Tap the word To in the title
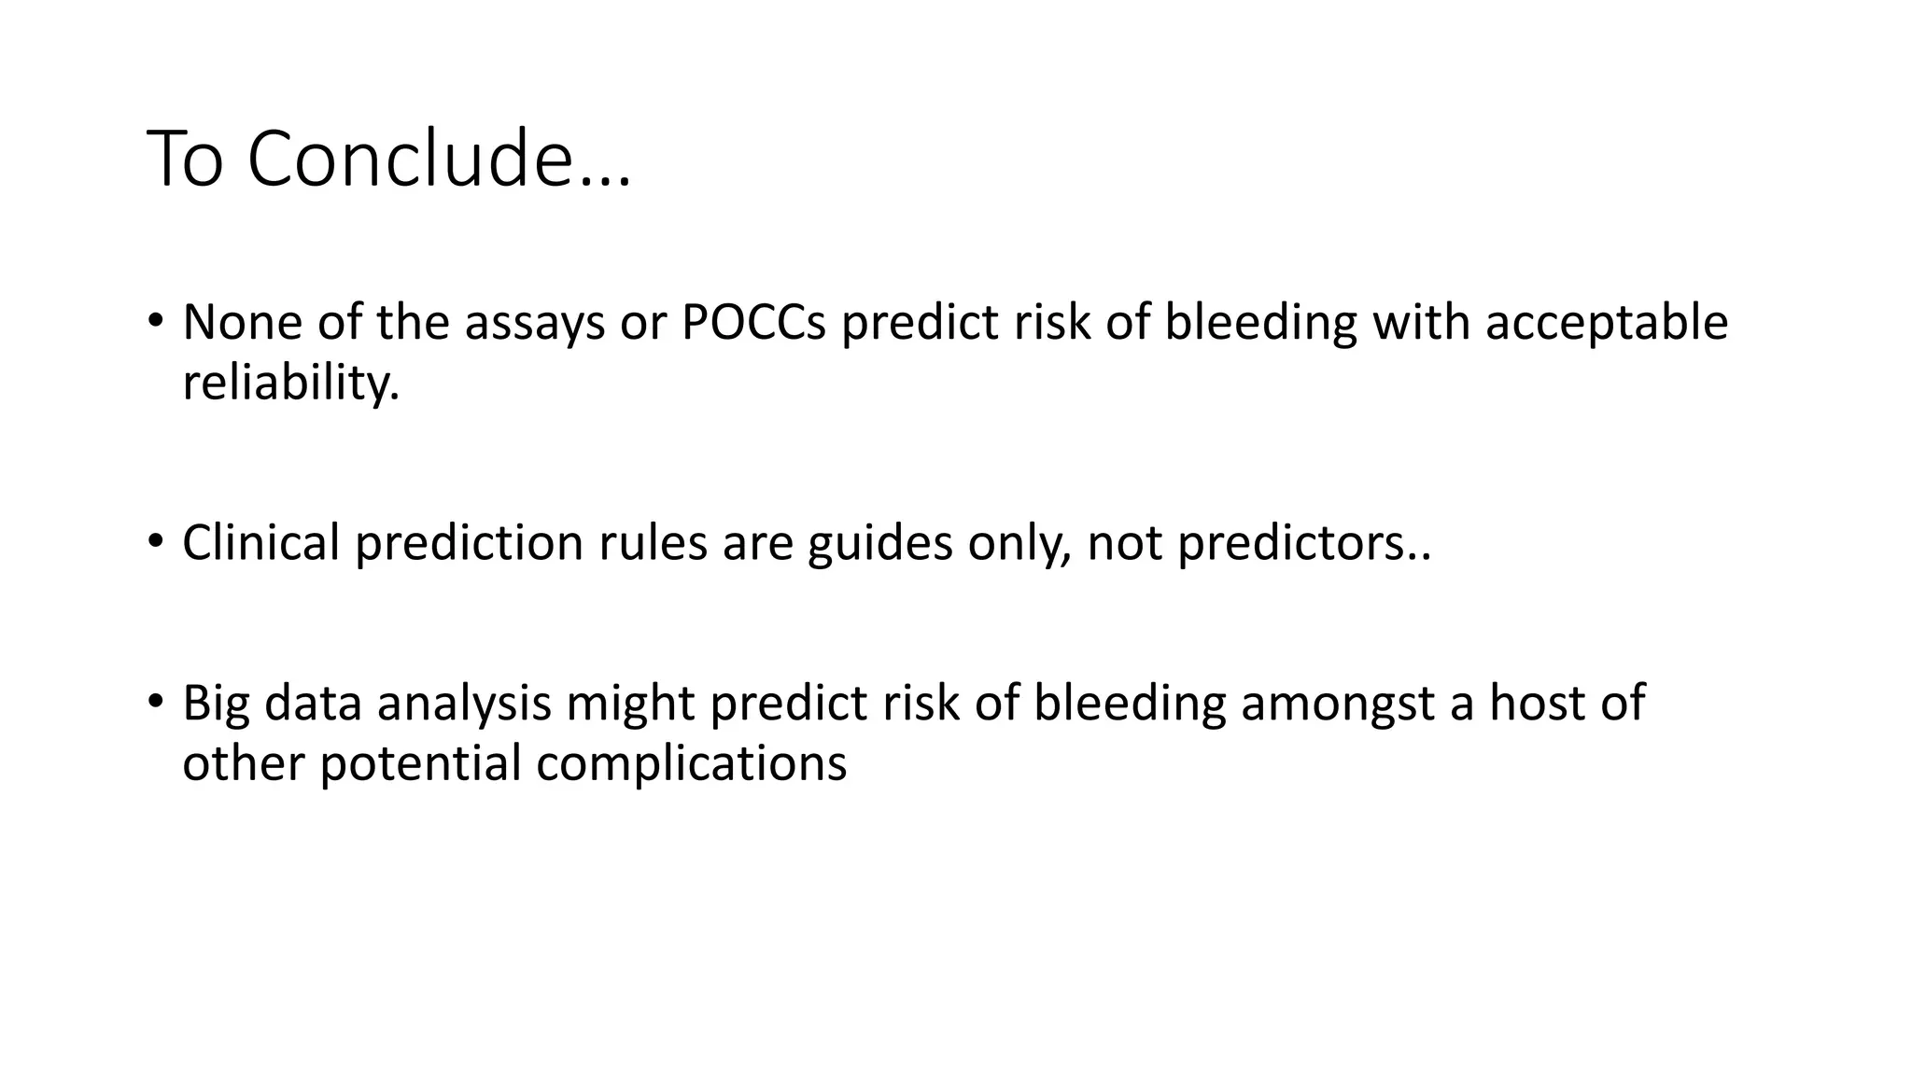186,159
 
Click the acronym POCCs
753,322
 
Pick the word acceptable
1606,322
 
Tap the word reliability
290,383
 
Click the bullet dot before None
155,321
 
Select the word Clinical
260,542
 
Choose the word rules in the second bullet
653,542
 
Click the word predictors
1303,542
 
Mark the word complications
692,763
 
